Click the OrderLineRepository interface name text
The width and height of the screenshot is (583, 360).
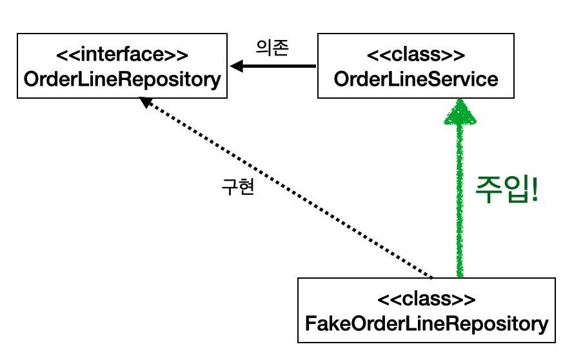(122, 80)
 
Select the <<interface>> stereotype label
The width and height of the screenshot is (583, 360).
(122, 56)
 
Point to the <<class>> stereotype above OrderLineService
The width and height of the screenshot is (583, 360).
(416, 56)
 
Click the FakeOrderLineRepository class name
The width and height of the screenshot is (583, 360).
(426, 323)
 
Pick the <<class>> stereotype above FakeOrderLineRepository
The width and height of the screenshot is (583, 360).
(426, 300)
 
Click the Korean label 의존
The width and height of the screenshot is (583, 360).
(272, 46)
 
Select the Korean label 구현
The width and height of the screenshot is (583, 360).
(239, 187)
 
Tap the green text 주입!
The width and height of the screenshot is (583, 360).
(506, 190)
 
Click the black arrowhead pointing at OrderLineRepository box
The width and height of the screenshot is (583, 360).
(237, 66)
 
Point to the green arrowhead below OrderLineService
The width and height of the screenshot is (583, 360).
(459, 112)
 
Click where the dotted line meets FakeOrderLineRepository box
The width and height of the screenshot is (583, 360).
(432, 277)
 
